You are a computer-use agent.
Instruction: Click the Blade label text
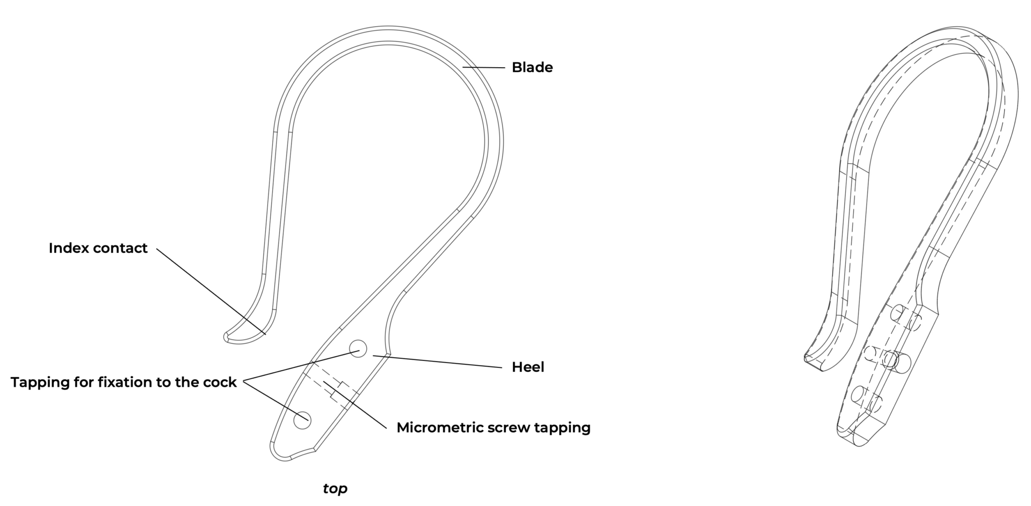point(532,68)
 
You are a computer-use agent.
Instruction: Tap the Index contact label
point(98,248)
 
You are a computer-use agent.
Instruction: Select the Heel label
point(528,367)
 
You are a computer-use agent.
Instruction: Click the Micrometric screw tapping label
point(493,428)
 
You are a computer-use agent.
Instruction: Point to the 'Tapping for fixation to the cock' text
point(124,382)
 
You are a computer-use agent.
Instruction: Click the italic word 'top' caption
point(335,488)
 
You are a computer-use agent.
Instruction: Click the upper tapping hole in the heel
point(358,349)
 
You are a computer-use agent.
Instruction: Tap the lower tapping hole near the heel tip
point(302,420)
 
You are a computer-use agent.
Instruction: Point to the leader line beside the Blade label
point(484,68)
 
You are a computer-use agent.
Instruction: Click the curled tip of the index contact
point(228,337)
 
